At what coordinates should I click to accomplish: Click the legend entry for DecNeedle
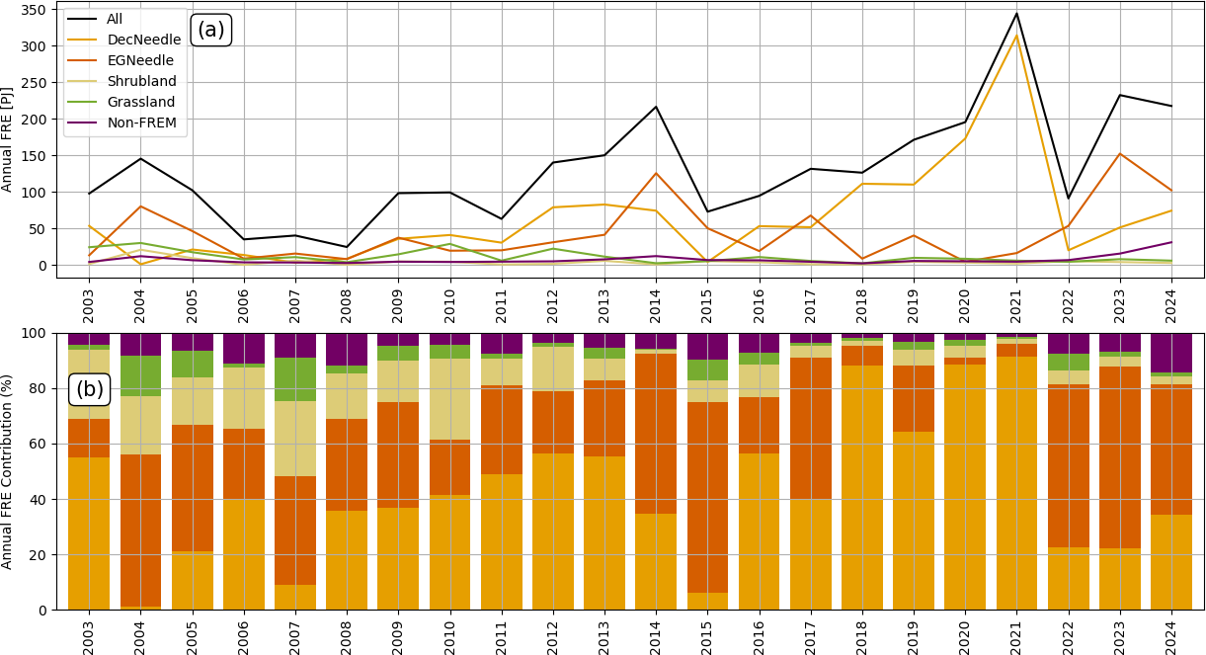pyautogui.click(x=123, y=40)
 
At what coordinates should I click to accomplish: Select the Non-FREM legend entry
pyautogui.click(x=121, y=123)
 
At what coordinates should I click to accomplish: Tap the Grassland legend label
pyautogui.click(x=121, y=102)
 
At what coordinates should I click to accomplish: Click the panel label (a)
pyautogui.click(x=211, y=30)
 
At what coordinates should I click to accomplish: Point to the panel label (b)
pyautogui.click(x=89, y=389)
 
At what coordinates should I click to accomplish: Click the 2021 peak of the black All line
pyautogui.click(x=1016, y=14)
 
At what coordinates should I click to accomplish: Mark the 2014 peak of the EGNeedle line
pyautogui.click(x=656, y=173)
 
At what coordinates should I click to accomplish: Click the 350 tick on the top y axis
pyautogui.click(x=33, y=10)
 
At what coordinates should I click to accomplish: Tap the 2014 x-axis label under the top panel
pyautogui.click(x=655, y=306)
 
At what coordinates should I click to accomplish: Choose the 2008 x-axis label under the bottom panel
pyautogui.click(x=346, y=638)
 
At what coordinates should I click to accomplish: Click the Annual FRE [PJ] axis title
pyautogui.click(x=7, y=139)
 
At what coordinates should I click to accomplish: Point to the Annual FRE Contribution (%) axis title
pyautogui.click(x=7, y=471)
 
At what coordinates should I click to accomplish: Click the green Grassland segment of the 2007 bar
pyautogui.click(x=295, y=379)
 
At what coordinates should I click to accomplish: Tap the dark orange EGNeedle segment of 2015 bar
pyautogui.click(x=707, y=497)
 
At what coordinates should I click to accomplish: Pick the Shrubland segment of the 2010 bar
pyautogui.click(x=449, y=399)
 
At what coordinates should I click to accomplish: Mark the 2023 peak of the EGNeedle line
pyautogui.click(x=1120, y=153)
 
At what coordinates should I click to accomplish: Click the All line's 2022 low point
pyautogui.click(x=1068, y=199)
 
